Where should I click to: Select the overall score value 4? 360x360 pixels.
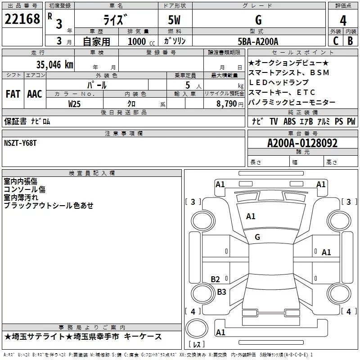tap(343, 20)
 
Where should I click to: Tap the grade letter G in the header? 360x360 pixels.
tap(258, 20)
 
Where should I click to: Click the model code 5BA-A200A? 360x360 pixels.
tap(258, 42)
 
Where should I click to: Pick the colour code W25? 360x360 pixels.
tap(75, 104)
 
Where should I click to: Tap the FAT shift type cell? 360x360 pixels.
tap(13, 94)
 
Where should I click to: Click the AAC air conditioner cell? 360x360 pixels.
tap(34, 94)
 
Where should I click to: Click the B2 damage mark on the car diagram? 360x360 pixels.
tap(216, 279)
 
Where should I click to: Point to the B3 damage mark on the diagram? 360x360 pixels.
tap(221, 292)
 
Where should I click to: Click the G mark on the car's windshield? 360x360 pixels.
tap(257, 237)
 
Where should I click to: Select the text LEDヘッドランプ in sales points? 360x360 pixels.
tap(279, 82)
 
